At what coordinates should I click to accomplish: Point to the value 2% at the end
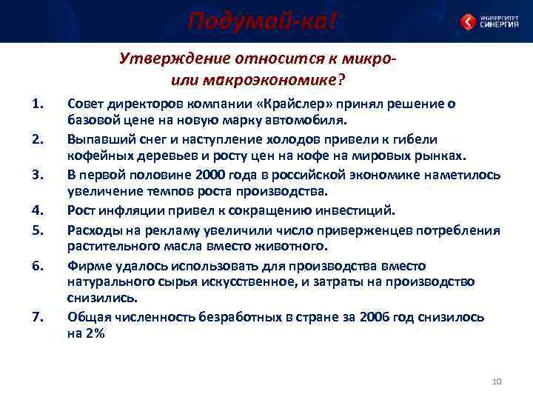point(94,334)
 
